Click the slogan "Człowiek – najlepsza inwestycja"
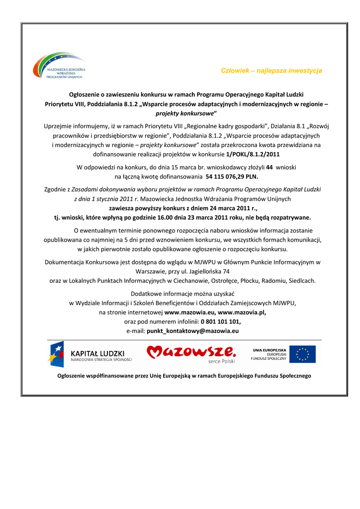tap(271, 71)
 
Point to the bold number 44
tap(270, 168)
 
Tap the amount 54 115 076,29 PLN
tap(232, 176)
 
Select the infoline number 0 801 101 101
tap(220, 321)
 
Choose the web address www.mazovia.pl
tap(242, 312)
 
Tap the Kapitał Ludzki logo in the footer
tap(90, 354)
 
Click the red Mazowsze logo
tap(191, 353)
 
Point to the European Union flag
tap(302, 354)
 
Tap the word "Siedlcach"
tap(300, 280)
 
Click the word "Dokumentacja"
tap(63, 262)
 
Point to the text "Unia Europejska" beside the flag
tap(269, 350)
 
